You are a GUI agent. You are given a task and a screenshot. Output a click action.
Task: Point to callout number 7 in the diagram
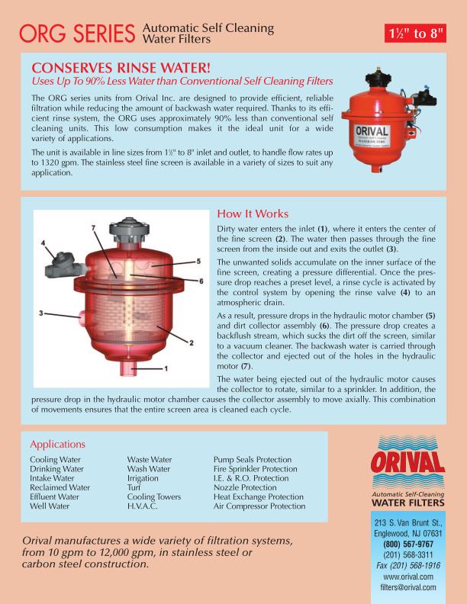(x=93, y=228)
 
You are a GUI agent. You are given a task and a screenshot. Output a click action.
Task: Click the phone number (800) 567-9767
(x=420, y=545)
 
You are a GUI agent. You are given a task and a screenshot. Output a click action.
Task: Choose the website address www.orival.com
(x=420, y=577)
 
